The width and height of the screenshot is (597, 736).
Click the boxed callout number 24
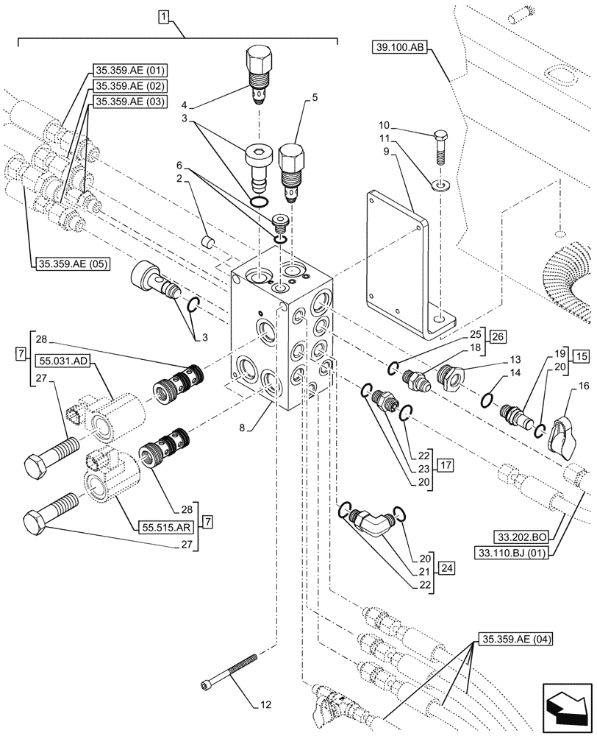click(x=446, y=567)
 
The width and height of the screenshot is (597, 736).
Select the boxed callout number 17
click(x=446, y=464)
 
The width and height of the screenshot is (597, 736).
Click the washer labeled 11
click(x=439, y=183)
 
